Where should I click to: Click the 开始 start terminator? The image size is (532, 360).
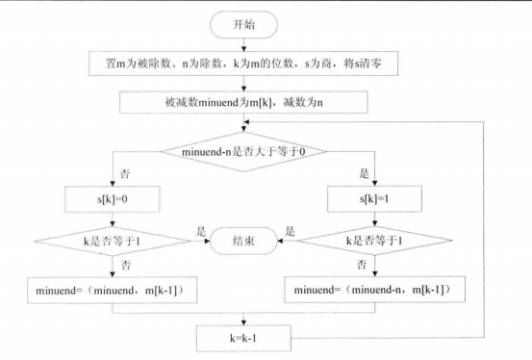click(244, 24)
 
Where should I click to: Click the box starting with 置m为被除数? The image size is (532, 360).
click(244, 64)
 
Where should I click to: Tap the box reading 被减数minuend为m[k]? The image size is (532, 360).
click(244, 102)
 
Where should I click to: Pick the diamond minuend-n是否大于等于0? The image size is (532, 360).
click(244, 150)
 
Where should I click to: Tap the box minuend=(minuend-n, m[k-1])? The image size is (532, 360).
click(374, 288)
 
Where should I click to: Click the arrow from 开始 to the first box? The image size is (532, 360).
click(244, 43)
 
